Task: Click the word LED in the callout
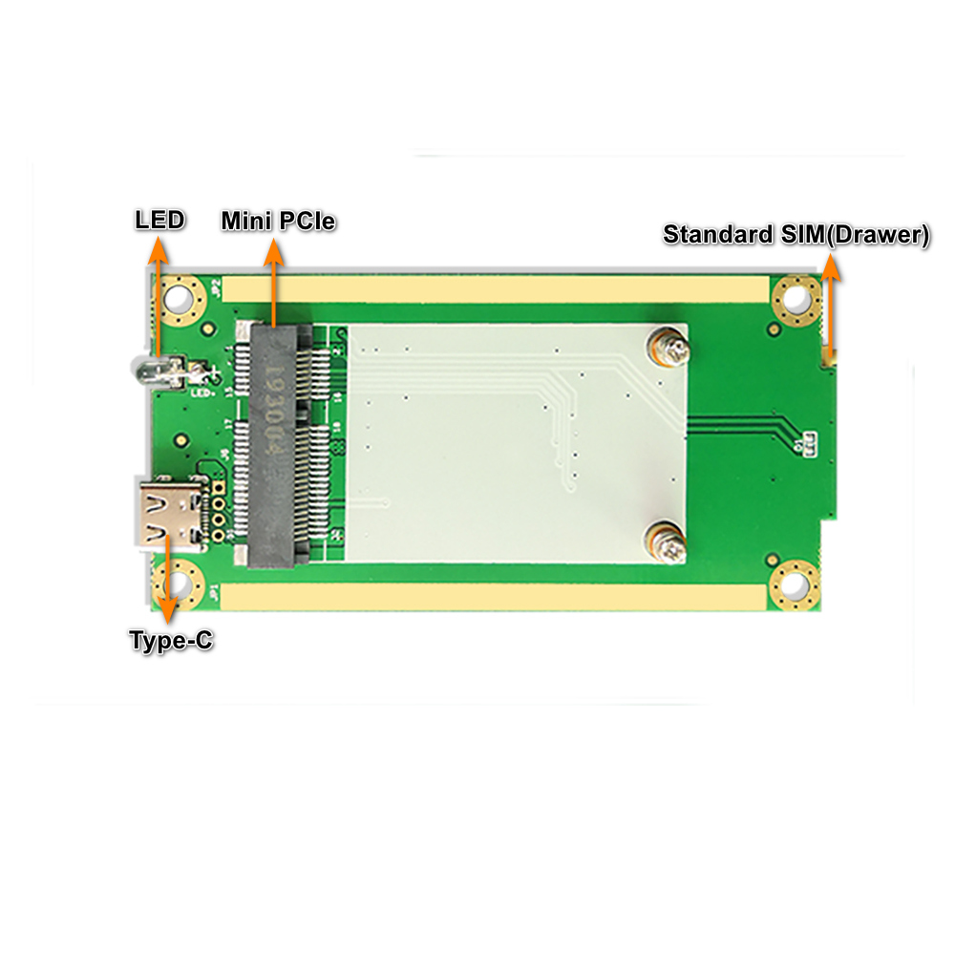[159, 221]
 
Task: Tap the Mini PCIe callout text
[278, 222]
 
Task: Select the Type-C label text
[171, 641]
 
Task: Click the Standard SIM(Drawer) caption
[796, 234]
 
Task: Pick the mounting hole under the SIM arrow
[795, 300]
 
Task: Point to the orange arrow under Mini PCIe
[275, 282]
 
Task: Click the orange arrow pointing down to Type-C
[168, 573]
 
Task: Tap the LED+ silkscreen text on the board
[202, 391]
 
